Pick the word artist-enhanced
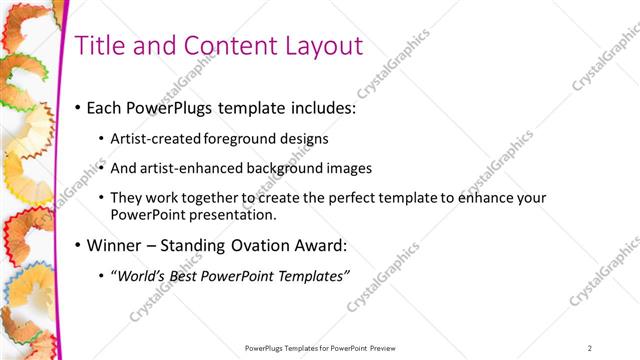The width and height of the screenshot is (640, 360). (x=185, y=168)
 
